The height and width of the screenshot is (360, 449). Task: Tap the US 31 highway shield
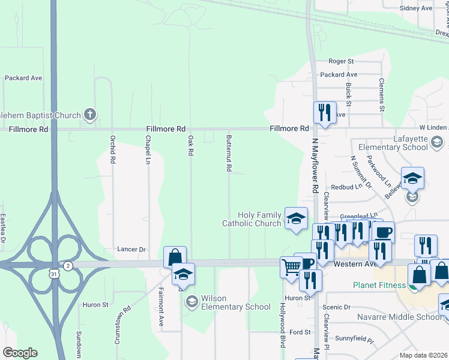[x=53, y=274]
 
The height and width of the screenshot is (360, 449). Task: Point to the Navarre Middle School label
[x=408, y=317]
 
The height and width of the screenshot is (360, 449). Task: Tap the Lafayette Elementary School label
[x=393, y=143]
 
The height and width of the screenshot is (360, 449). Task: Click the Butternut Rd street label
[x=229, y=153]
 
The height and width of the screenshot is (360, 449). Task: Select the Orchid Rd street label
[x=112, y=150]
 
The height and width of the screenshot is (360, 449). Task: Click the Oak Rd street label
[x=190, y=146]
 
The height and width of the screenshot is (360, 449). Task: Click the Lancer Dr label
[x=132, y=249]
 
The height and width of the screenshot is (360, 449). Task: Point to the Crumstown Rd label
[x=127, y=326]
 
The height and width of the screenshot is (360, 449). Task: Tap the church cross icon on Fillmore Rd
[x=89, y=114]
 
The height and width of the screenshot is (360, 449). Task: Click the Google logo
[x=20, y=353]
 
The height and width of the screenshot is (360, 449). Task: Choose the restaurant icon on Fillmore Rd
[x=324, y=112]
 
